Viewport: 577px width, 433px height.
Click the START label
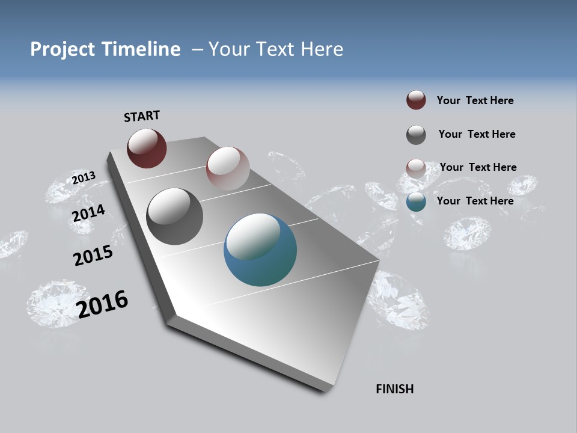[x=142, y=116]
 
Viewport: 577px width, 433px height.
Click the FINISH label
[x=395, y=389]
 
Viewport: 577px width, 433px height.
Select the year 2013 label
[x=84, y=177]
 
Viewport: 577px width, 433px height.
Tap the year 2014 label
[x=89, y=213]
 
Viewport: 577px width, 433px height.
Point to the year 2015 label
[x=93, y=256]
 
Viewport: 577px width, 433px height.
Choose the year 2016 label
[x=102, y=304]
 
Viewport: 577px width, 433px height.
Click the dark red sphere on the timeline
[x=147, y=148]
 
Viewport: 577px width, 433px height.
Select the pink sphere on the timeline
[x=228, y=168]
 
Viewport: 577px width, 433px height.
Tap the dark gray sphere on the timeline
[x=174, y=216]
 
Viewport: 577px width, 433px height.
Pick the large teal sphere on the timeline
[x=260, y=250]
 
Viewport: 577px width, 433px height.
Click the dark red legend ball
[x=416, y=100]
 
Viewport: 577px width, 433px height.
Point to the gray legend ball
[x=416, y=134]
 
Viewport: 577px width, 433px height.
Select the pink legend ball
[x=416, y=168]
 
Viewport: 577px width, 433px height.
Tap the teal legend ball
[x=416, y=201]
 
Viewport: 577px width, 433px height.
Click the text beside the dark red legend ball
[x=475, y=101]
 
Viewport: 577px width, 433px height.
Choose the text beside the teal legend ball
[x=475, y=201]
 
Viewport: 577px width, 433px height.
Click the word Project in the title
[x=63, y=49]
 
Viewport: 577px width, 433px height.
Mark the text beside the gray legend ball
[x=477, y=134]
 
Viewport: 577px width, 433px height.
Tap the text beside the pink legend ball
[x=478, y=167]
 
